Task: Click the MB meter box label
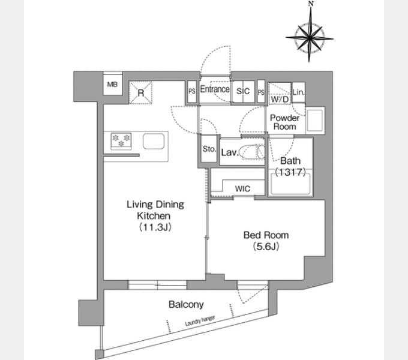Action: [x=112, y=84]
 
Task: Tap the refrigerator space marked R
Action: [x=141, y=92]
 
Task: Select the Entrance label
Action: [x=215, y=89]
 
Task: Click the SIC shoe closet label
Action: [x=243, y=91]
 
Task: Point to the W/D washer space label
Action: [x=280, y=99]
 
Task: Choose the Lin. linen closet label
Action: [x=298, y=92]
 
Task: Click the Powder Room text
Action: [x=284, y=122]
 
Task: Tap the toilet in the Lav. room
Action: [x=251, y=152]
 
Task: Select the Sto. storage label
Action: [x=209, y=149]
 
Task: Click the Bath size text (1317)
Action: [x=290, y=172]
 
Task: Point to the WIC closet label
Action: [x=242, y=188]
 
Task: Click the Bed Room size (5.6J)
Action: [x=266, y=247]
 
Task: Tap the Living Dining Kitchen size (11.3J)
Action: [x=155, y=227]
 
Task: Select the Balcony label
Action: [x=186, y=304]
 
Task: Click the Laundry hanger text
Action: [x=200, y=321]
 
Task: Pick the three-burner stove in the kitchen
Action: [x=121, y=141]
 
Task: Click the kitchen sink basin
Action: [x=154, y=141]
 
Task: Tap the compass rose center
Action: [x=310, y=38]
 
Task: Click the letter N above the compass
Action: [x=311, y=4]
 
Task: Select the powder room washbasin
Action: [x=315, y=121]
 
